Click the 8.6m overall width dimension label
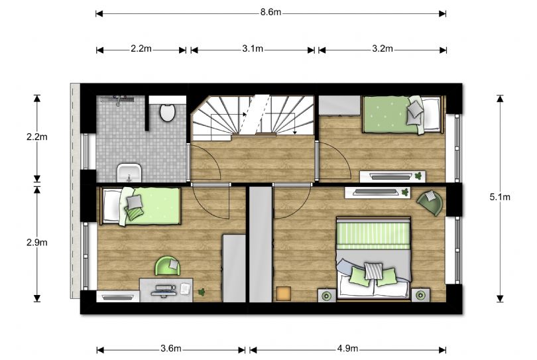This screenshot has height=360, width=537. click(x=270, y=13)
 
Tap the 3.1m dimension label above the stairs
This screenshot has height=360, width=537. click(x=253, y=48)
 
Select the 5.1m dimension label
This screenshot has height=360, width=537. click(x=500, y=197)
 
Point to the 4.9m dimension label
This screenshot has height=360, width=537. click(x=347, y=349)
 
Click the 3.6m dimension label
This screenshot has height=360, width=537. click(x=171, y=349)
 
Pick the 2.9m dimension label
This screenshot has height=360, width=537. click(x=37, y=243)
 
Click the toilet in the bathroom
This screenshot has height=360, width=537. click(x=168, y=111)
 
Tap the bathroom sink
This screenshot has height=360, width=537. click(x=129, y=173)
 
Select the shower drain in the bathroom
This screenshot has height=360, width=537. click(x=117, y=99)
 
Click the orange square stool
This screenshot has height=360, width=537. click(x=283, y=294)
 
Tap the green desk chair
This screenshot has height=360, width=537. click(x=168, y=266)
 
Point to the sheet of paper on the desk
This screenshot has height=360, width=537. click(x=185, y=287)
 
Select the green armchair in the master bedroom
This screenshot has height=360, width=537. click(x=430, y=203)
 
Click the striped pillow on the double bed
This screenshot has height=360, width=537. click(x=373, y=270)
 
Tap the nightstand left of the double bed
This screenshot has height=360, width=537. click(x=327, y=295)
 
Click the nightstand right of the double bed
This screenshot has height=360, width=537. click(x=420, y=295)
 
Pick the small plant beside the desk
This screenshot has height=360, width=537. click(x=202, y=292)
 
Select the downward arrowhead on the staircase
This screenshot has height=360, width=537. click(x=294, y=132)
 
